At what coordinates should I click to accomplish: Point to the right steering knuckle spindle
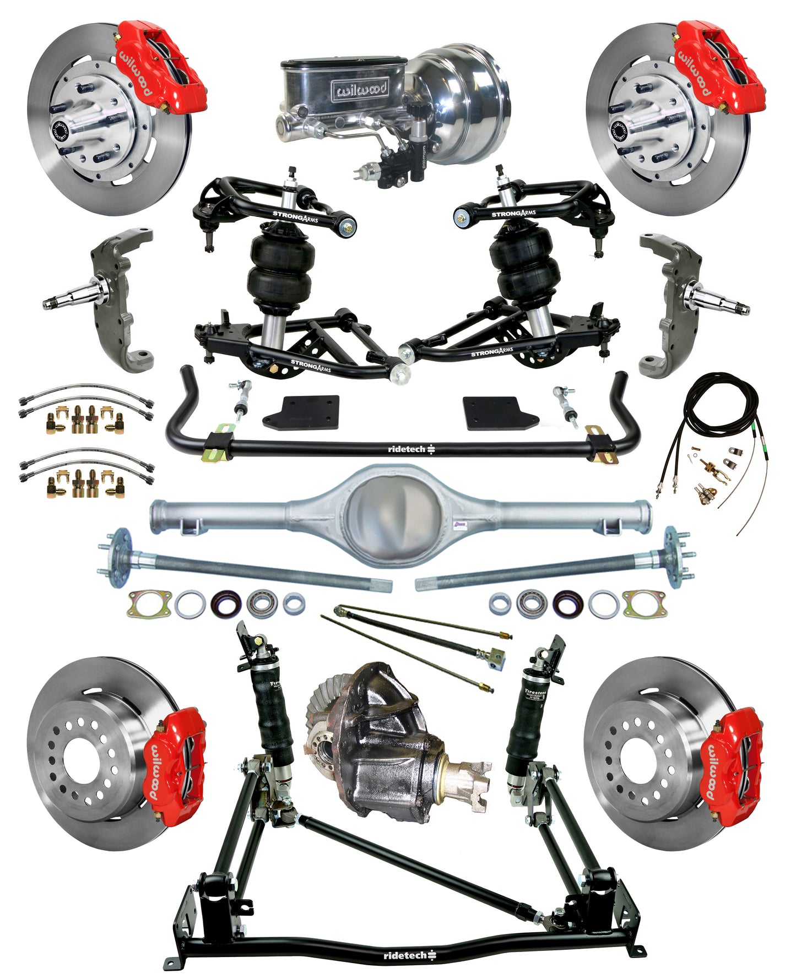(716, 302)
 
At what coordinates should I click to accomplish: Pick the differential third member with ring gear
(380, 738)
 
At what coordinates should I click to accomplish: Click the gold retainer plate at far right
(643, 603)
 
